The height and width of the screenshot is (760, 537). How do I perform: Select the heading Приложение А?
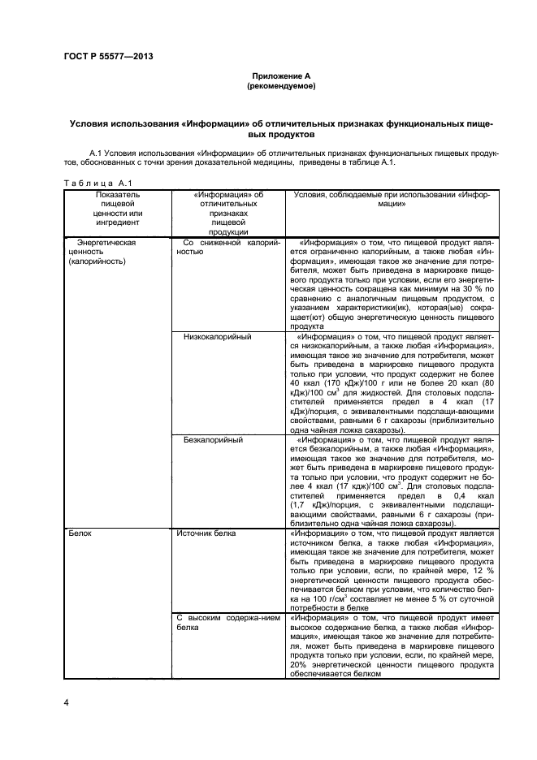point(280,74)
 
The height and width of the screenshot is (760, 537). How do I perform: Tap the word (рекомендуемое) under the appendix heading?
point(280,84)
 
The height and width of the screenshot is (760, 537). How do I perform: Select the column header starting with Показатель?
point(117,207)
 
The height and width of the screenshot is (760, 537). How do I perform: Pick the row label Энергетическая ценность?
point(106,247)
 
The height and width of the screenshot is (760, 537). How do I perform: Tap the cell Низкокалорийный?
point(217,336)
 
